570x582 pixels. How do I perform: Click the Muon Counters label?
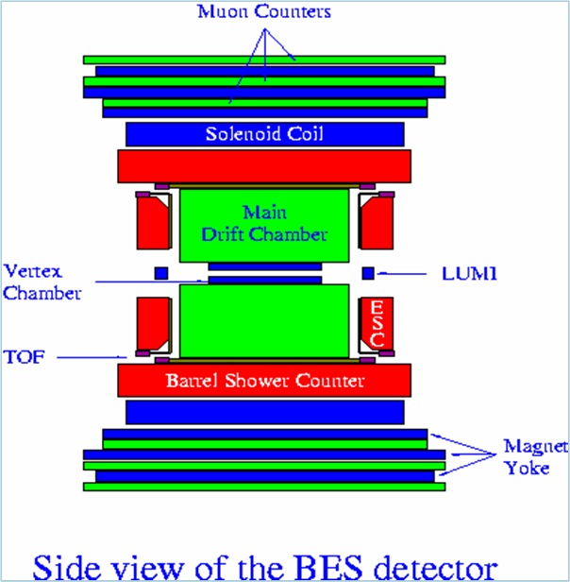tap(264, 12)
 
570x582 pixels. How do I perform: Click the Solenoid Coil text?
tap(264, 134)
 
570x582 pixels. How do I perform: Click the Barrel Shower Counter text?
tap(265, 382)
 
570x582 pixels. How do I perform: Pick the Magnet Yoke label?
tap(524, 457)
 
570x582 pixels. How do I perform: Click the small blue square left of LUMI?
tap(369, 274)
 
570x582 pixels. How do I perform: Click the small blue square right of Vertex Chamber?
tap(160, 273)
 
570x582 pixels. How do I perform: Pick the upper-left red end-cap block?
tap(154, 228)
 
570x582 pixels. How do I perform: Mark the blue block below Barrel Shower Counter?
tap(264, 411)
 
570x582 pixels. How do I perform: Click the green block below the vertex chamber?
tap(264, 322)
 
